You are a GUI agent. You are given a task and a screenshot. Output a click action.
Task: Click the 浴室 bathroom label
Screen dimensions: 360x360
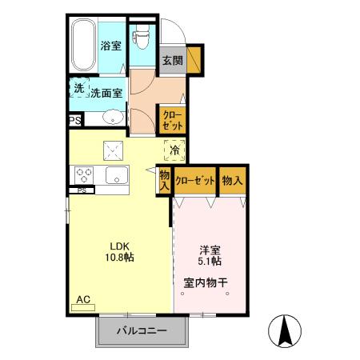pyautogui.click(x=111, y=46)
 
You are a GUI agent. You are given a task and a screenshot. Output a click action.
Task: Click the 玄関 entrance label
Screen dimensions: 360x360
pyautogui.click(x=172, y=60)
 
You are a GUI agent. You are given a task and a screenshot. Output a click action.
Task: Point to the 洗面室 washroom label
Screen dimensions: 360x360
pyautogui.click(x=106, y=92)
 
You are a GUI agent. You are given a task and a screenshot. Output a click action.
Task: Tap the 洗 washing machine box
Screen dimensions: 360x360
pyautogui.click(x=78, y=88)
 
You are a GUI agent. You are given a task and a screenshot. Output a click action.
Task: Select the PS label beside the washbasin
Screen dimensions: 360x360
pyautogui.click(x=74, y=121)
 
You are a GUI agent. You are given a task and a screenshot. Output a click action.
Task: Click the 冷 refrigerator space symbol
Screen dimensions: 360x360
pyautogui.click(x=174, y=149)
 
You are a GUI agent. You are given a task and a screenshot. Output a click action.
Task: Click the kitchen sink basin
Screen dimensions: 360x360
pyautogui.click(x=117, y=175)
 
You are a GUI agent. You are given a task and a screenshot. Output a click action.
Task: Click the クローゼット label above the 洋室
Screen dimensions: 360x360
pyautogui.click(x=195, y=181)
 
